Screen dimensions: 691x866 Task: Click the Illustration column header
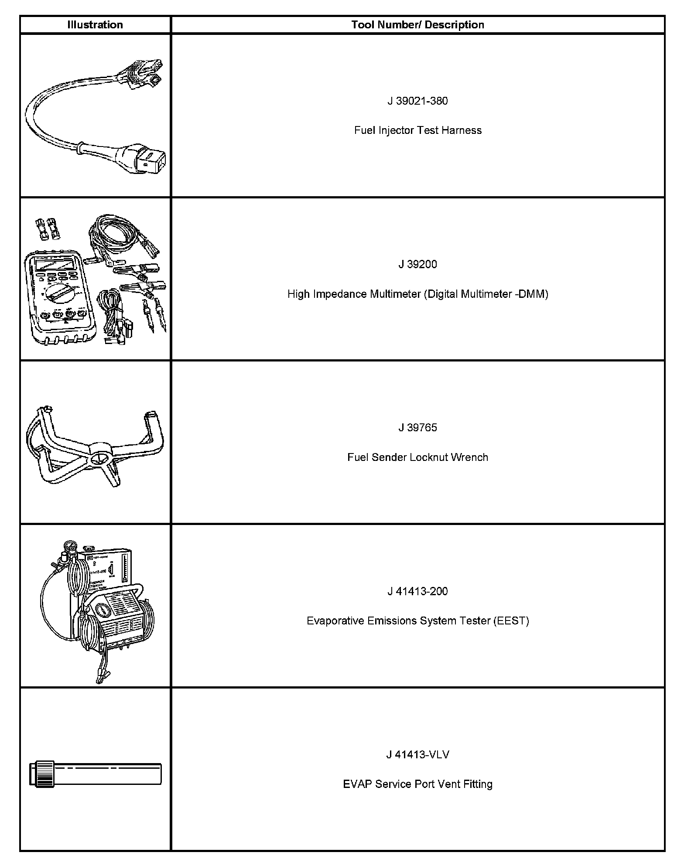95,25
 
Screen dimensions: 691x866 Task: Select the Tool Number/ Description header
417,25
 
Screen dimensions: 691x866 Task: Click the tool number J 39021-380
417,101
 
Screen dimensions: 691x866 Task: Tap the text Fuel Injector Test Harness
417,130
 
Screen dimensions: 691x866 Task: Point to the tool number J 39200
417,264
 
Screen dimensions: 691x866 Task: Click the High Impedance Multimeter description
417,294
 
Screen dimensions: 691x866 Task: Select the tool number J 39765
417,427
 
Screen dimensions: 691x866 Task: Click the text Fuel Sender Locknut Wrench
417,457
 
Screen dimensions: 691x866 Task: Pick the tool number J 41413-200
417,591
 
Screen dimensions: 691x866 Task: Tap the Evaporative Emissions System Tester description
417,621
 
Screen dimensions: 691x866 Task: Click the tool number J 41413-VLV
417,754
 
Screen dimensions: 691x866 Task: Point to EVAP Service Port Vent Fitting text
417,784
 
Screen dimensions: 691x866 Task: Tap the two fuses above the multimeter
48,229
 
